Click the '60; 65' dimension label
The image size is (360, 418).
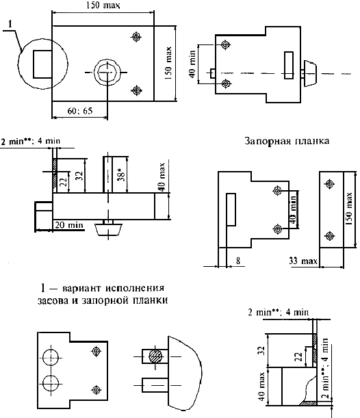[80, 111]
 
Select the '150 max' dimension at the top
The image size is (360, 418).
[103, 5]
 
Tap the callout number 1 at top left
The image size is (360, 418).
[10, 24]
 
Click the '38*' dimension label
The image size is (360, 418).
[121, 176]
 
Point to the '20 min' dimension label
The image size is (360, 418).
[69, 225]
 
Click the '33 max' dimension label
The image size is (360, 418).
[303, 261]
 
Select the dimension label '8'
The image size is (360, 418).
[238, 261]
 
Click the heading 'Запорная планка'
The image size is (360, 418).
[287, 141]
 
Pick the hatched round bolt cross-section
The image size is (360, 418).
[156, 356]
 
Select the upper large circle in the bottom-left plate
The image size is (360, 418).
[51, 358]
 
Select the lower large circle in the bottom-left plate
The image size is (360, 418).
[51, 384]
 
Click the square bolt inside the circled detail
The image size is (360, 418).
[42, 64]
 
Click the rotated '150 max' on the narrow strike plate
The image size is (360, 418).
[349, 209]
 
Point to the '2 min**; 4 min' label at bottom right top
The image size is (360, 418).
[278, 312]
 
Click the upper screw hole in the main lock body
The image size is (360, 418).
[136, 36]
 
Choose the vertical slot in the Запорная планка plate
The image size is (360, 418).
[231, 209]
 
